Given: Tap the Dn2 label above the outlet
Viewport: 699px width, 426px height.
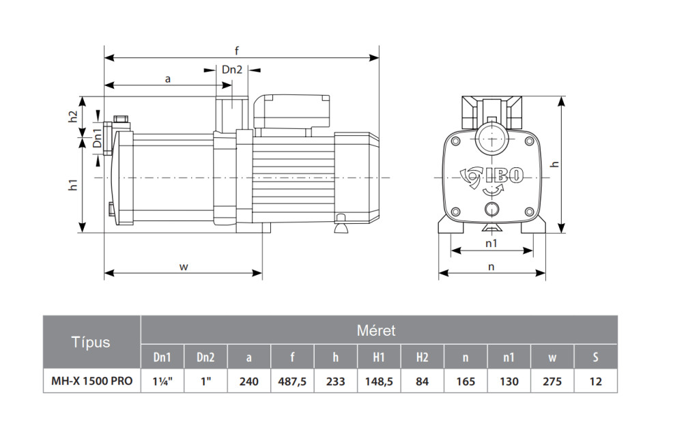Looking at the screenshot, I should click(232, 69).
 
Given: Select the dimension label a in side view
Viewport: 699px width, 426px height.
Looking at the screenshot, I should click(167, 79).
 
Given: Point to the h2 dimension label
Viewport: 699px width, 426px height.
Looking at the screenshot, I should click(74, 117).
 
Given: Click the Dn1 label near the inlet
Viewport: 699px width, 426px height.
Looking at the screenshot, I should click(98, 138).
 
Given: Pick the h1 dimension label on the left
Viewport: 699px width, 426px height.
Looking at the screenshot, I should click(74, 184).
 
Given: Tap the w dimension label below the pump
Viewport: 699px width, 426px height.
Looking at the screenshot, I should click(183, 267).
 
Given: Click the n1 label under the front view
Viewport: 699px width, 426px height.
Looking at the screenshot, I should click(491, 243).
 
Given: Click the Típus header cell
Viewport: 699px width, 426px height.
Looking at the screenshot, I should click(91, 342).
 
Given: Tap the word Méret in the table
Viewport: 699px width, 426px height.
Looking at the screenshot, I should click(376, 331).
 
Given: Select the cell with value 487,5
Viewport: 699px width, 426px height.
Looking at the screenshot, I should click(292, 381).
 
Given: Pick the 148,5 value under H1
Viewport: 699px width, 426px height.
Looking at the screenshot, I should click(379, 381).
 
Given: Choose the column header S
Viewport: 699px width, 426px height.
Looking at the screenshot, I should click(595, 357).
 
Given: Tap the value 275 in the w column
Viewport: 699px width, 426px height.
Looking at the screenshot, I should click(552, 381).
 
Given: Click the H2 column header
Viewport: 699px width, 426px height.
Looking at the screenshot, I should click(422, 357).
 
